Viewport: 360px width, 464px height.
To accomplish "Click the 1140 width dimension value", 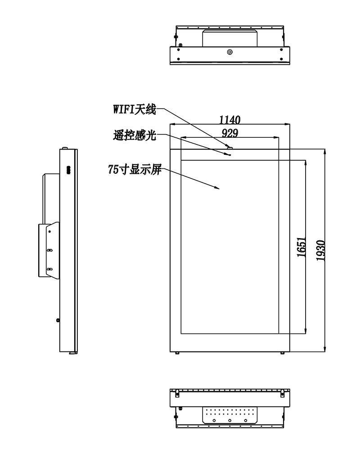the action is tap(229, 120).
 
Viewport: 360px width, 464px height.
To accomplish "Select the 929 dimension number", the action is tap(230, 134).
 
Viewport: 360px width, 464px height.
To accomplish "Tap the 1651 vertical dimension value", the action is tap(301, 247).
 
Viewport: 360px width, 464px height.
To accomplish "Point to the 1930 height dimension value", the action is tap(321, 250).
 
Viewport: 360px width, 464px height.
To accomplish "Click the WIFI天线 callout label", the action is tap(134, 109).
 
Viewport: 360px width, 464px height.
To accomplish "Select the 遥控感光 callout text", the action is tap(134, 135).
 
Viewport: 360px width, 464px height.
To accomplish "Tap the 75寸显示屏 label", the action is tap(135, 170).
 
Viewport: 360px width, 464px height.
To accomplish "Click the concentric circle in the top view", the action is tap(229, 52).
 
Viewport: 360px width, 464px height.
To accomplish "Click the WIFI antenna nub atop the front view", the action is tap(230, 147).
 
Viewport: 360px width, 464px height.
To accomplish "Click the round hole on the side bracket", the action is tap(49, 231).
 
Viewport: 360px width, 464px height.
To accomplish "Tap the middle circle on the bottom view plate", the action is tap(229, 420).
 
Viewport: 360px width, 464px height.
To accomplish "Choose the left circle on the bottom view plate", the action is tap(214, 420).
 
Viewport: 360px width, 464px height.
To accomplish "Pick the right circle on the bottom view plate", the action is tap(246, 420).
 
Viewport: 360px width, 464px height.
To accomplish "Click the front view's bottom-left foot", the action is tap(177, 353).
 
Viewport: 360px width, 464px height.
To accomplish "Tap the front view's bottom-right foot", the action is tap(282, 353).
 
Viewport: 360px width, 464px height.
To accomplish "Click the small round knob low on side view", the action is tap(58, 320).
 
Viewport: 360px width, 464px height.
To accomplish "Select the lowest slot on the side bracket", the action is tap(49, 269).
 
